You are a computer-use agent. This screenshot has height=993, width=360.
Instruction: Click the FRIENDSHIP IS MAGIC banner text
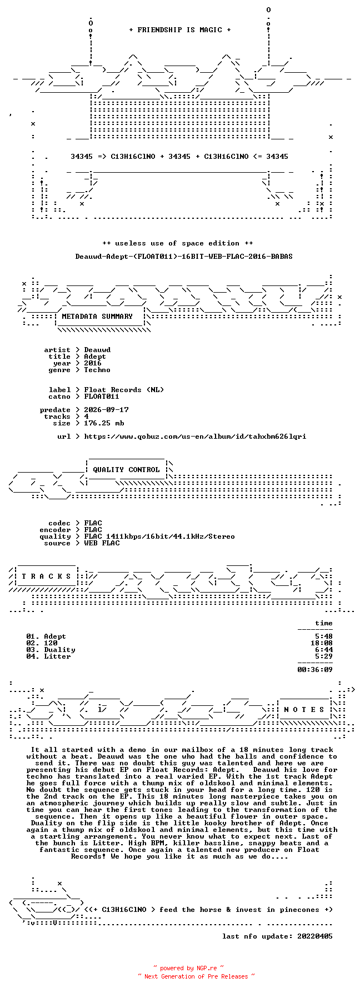(179, 30)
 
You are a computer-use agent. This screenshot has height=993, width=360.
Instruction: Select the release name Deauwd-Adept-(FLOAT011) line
(184, 257)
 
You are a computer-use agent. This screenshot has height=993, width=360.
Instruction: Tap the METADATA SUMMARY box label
(97, 317)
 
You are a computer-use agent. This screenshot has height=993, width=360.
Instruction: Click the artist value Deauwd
(97, 350)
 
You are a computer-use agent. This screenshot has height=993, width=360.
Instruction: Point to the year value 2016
(93, 363)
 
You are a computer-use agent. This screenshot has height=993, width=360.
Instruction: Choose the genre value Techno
(97, 370)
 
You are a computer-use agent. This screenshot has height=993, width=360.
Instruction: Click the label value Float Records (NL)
(124, 390)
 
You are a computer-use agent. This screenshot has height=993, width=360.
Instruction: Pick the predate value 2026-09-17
(106, 410)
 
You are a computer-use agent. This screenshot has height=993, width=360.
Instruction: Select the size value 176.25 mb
(104, 423)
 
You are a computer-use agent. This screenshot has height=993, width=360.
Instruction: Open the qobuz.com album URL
(195, 437)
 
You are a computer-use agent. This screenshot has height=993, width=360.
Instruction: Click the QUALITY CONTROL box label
(126, 470)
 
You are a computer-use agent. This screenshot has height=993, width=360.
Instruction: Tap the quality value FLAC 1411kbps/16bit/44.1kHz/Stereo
(159, 536)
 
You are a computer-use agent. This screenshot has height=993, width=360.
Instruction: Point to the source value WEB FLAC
(102, 543)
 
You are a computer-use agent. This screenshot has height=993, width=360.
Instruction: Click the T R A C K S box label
(46, 576)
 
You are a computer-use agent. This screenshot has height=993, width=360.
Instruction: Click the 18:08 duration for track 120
(322, 643)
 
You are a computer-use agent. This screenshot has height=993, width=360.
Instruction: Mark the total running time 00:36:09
(315, 670)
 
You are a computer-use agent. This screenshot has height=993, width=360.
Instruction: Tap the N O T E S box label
(304, 710)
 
